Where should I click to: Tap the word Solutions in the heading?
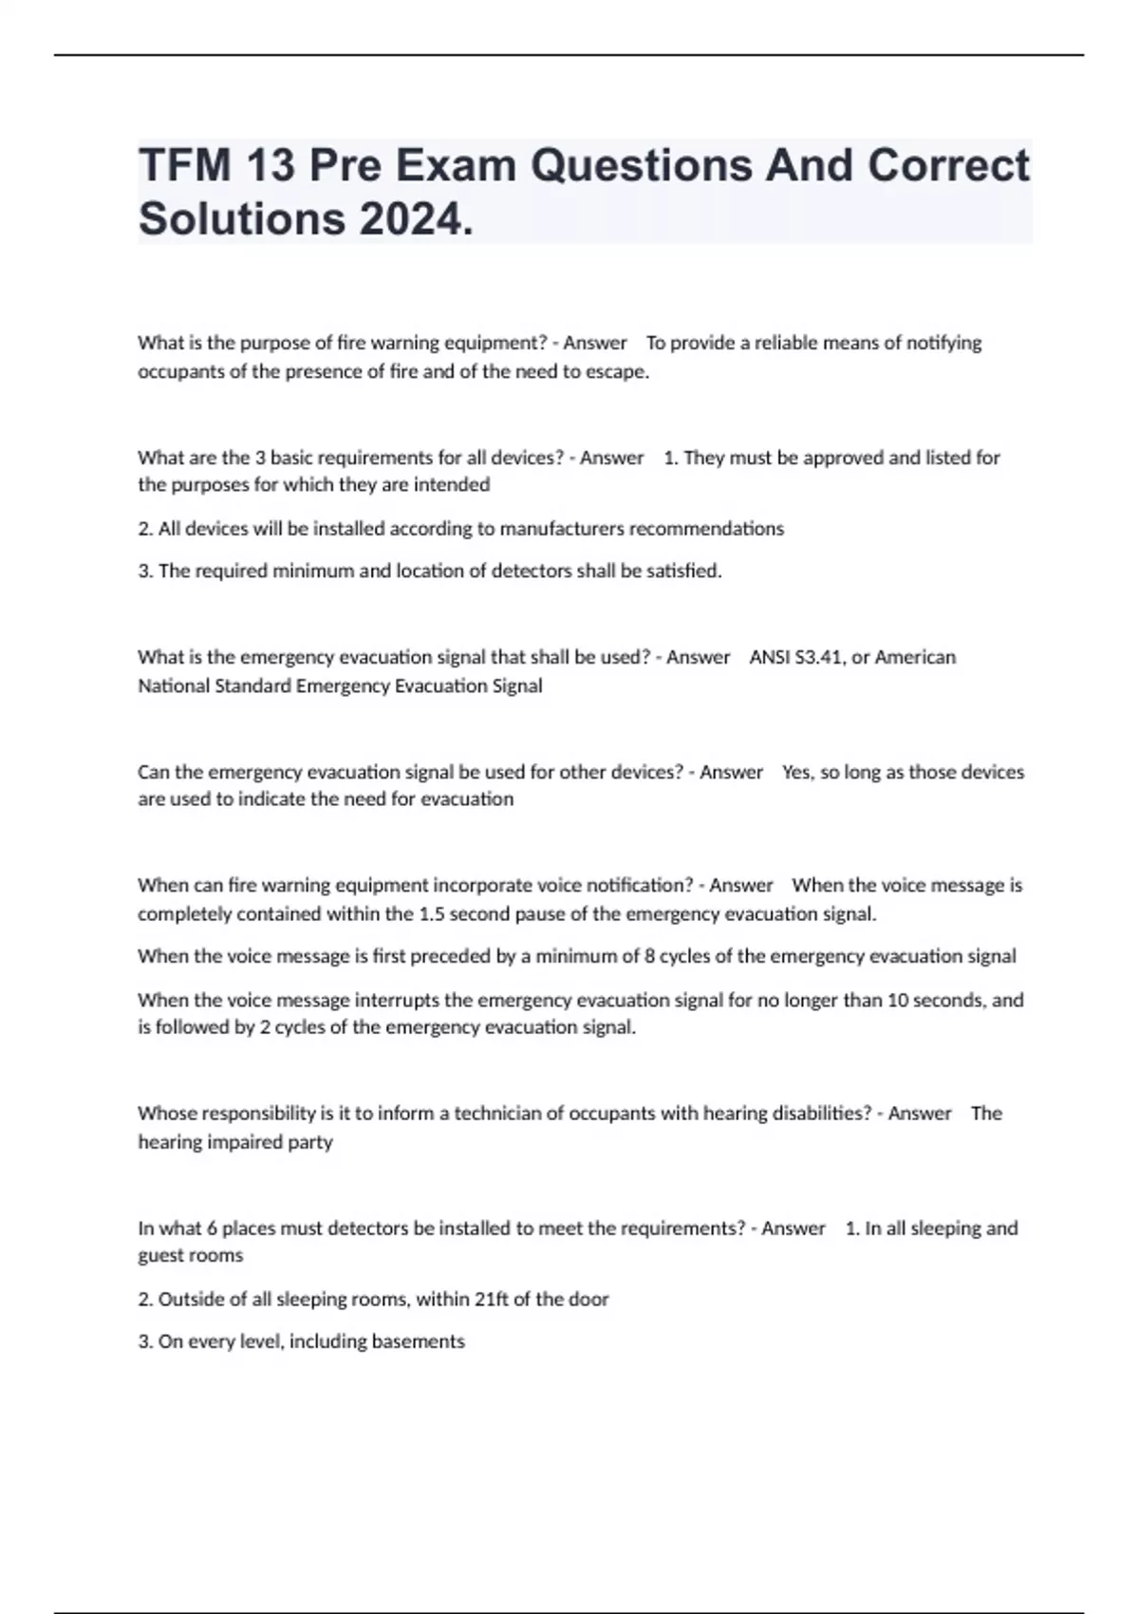(241, 219)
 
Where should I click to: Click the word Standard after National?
(253, 685)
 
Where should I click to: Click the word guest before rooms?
(160, 1255)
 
